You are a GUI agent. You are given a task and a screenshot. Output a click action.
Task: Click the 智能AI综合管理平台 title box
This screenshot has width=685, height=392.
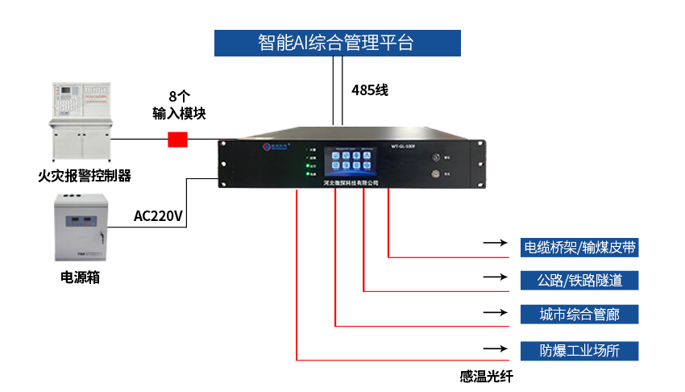337,43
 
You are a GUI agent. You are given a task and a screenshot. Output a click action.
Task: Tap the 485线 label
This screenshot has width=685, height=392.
370,90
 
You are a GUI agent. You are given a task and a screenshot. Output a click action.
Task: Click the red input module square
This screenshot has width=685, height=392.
177,139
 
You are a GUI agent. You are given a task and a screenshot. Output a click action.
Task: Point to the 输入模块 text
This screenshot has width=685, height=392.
179,114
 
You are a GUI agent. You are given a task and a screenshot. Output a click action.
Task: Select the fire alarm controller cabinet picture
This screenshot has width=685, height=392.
80,121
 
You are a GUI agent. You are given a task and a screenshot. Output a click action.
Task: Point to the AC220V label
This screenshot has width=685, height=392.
159,215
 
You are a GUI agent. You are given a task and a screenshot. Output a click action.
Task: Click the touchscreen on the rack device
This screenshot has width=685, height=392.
350,161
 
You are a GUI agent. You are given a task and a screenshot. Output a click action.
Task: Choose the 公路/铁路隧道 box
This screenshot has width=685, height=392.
579,280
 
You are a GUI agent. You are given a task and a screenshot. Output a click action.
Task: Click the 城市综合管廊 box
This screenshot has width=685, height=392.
579,315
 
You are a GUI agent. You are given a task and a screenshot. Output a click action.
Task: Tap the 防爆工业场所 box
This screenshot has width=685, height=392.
579,350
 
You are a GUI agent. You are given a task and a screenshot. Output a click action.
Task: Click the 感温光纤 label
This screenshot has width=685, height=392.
486,376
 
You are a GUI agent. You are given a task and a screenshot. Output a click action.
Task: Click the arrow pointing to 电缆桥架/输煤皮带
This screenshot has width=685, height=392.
494,242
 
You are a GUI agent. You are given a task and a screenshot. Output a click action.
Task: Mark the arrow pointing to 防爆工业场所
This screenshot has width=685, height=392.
494,349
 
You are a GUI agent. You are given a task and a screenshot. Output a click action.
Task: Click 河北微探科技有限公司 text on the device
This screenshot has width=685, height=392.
350,183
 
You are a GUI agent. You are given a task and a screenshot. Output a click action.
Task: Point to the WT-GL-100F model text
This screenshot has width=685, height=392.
402,148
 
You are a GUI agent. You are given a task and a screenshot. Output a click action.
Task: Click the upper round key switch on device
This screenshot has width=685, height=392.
436,158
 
